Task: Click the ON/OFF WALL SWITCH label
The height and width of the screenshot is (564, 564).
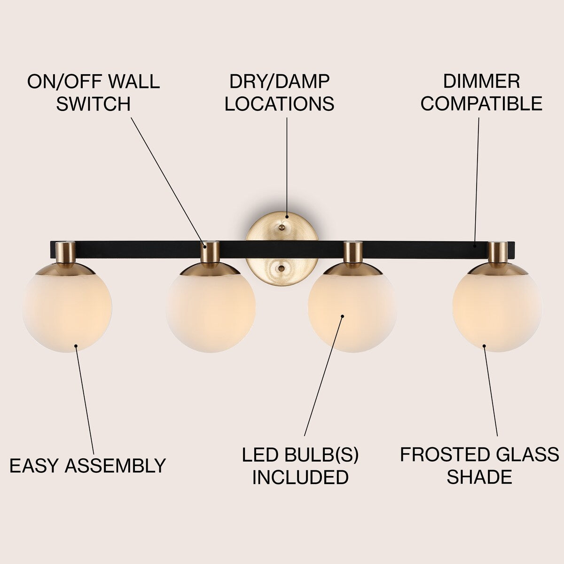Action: coord(93,92)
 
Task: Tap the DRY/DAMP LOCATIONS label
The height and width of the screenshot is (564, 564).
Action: coord(279,92)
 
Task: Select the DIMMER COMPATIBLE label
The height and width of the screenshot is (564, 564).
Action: coord(481,92)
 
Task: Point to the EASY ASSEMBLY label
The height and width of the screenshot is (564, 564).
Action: coord(88,465)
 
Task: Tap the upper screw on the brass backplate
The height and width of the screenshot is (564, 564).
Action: coord(282,227)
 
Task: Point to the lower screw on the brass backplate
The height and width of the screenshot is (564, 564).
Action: coord(282,268)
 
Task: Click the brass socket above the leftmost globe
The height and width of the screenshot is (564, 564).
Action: coord(65,252)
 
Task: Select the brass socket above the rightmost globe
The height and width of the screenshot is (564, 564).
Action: coord(497,252)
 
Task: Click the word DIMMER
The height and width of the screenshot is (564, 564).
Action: coord(481,81)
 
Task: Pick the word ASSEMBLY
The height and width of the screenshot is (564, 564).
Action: coord(115,465)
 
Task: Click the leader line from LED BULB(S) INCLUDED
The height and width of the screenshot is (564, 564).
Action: coord(324,376)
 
